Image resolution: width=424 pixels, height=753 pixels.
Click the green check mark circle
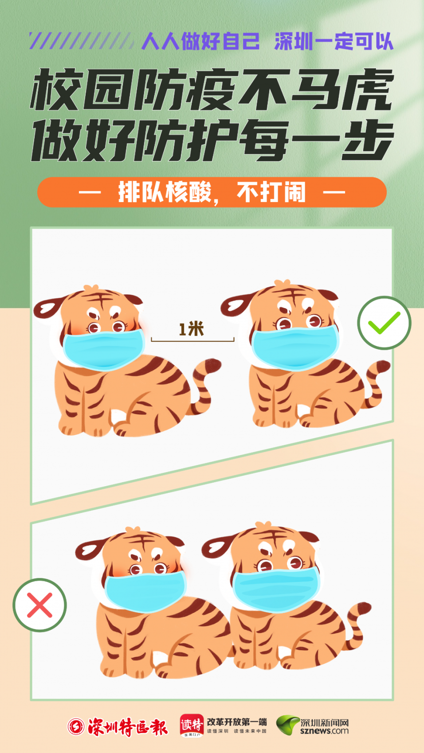(384, 323)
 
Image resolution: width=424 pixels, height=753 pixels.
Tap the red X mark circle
(39, 605)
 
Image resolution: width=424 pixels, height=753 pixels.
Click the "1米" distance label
(191, 329)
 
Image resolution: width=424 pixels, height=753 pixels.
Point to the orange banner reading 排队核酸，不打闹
(212, 192)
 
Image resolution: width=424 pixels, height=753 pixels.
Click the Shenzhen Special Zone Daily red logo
(118, 727)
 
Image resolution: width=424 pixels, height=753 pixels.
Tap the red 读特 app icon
(192, 725)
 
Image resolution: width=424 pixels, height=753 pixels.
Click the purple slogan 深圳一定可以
(334, 41)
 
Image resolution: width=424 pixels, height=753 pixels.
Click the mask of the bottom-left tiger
(145, 592)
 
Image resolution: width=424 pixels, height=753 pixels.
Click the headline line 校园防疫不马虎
(212, 90)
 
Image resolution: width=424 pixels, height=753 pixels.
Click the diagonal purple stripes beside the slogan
(81, 41)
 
